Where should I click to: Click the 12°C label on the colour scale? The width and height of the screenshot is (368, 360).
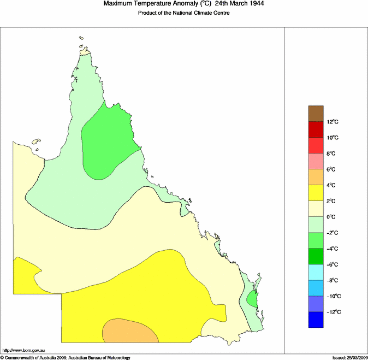(x=334, y=122)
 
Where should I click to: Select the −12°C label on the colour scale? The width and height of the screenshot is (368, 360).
(x=334, y=312)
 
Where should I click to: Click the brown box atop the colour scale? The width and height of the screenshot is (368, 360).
(x=316, y=114)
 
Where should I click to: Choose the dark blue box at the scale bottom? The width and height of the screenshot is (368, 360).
(x=316, y=320)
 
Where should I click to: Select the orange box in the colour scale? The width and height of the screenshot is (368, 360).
(x=316, y=177)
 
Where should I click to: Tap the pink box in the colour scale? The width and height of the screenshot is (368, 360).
(x=316, y=161)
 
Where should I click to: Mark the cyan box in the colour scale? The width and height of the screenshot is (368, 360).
(x=316, y=272)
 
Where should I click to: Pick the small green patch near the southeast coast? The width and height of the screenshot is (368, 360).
(x=252, y=299)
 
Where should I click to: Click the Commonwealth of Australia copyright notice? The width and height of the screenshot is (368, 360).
(x=65, y=357)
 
